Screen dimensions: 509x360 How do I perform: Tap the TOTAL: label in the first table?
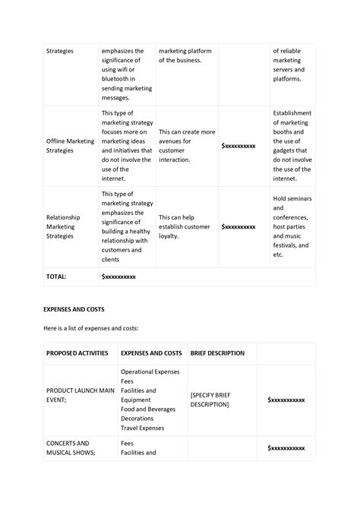pos(56,277)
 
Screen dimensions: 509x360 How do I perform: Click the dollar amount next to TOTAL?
pos(118,277)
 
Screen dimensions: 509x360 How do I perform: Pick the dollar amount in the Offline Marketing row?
pos(238,145)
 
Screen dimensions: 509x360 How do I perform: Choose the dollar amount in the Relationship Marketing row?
pos(238,226)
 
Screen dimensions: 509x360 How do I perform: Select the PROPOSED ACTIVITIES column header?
pos(77,353)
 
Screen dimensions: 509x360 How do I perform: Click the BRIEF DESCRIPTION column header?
pos(217,353)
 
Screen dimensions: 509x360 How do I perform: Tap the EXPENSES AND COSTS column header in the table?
pos(151,353)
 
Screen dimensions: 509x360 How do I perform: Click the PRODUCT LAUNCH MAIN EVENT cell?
pos(80,395)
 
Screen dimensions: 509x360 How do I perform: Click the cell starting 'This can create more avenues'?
pos(187,145)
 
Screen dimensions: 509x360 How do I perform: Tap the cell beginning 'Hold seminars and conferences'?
pos(292,226)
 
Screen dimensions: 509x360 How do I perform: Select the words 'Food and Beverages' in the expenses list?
pos(148,409)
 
